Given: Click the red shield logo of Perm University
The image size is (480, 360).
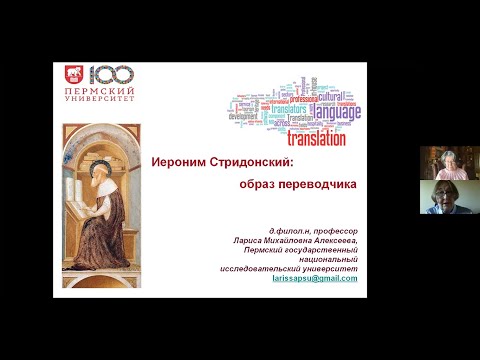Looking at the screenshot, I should pyautogui.click(x=73, y=76).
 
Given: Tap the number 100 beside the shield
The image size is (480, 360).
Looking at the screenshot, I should pyautogui.click(x=106, y=75).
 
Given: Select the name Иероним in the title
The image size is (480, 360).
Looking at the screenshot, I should pyautogui.click(x=184, y=162).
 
